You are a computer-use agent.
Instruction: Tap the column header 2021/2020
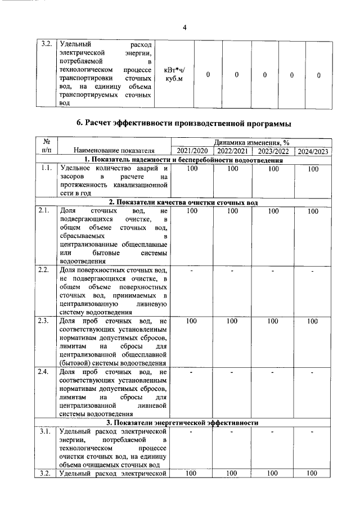click(x=192, y=151)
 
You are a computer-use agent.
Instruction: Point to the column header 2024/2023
click(x=313, y=151)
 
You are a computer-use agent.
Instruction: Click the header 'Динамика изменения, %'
click(x=251, y=143)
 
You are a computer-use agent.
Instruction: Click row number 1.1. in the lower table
click(x=46, y=168)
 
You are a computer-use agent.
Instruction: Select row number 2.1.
click(x=46, y=210)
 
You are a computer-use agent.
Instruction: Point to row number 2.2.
click(x=46, y=271)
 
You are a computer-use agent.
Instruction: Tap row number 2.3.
click(x=46, y=321)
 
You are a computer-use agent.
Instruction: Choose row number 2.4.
click(x=46, y=372)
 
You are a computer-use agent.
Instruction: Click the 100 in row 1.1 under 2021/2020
click(x=192, y=169)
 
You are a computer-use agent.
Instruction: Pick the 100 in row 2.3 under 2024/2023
click(x=313, y=321)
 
